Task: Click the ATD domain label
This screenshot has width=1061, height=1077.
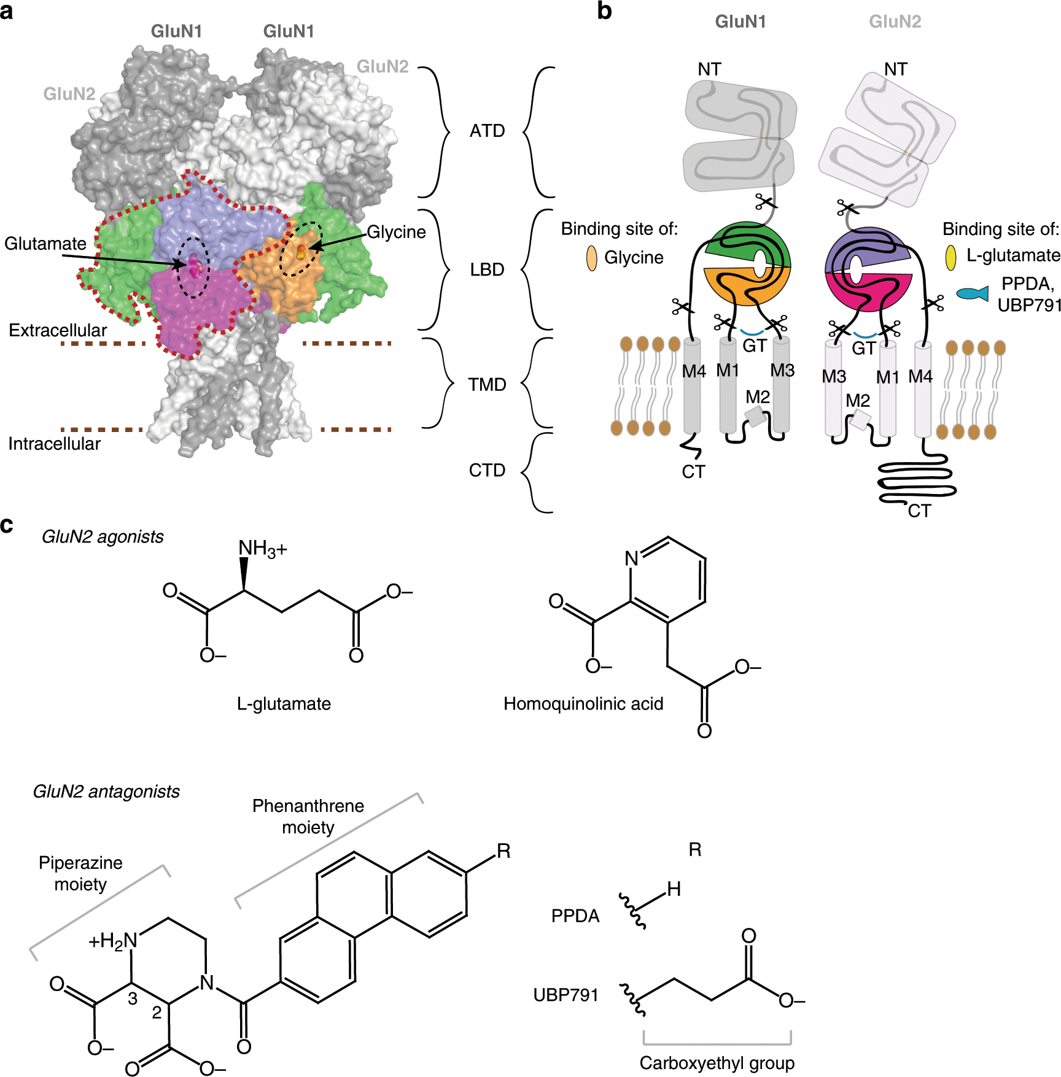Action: click(487, 131)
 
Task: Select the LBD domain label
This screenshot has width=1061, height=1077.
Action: click(487, 269)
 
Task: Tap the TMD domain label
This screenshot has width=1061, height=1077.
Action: click(487, 385)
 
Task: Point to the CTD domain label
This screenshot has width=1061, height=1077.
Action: click(487, 471)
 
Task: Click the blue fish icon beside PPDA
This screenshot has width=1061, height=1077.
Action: click(973, 294)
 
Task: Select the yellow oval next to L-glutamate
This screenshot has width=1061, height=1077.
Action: click(950, 258)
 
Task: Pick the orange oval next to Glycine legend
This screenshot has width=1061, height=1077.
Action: click(592, 258)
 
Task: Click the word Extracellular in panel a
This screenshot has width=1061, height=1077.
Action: click(58, 330)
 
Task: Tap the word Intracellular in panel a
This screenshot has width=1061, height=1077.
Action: click(54, 444)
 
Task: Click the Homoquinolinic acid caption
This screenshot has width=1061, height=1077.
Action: click(583, 704)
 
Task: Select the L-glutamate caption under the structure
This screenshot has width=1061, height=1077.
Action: click(284, 704)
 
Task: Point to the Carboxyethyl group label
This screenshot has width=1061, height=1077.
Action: click(717, 1063)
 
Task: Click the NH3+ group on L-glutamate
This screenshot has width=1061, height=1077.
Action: click(262, 549)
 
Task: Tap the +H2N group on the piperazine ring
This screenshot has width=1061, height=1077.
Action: click(114, 941)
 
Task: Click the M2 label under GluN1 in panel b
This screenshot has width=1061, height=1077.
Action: click(758, 397)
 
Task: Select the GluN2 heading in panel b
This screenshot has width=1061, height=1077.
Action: click(895, 22)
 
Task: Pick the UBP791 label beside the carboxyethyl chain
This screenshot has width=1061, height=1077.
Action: click(565, 995)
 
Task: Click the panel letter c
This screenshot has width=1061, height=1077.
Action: click(7, 525)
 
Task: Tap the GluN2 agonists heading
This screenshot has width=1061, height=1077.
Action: click(103, 537)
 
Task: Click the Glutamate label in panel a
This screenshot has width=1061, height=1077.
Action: click(45, 244)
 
